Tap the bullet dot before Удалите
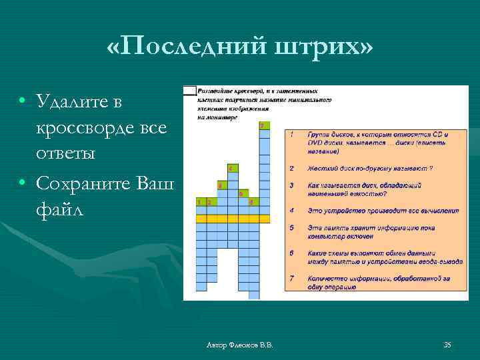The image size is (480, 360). (23, 101)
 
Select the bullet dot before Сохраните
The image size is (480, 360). (23, 183)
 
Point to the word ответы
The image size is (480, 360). (66, 153)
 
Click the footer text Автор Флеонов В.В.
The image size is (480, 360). (240, 345)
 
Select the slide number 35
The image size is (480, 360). (447, 345)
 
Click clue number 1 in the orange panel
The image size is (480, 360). (292, 134)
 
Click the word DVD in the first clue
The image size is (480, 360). (315, 142)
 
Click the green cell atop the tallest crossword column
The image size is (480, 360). (264, 125)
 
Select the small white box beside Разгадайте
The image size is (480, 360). (189, 90)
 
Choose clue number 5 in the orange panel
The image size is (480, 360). (292, 228)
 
